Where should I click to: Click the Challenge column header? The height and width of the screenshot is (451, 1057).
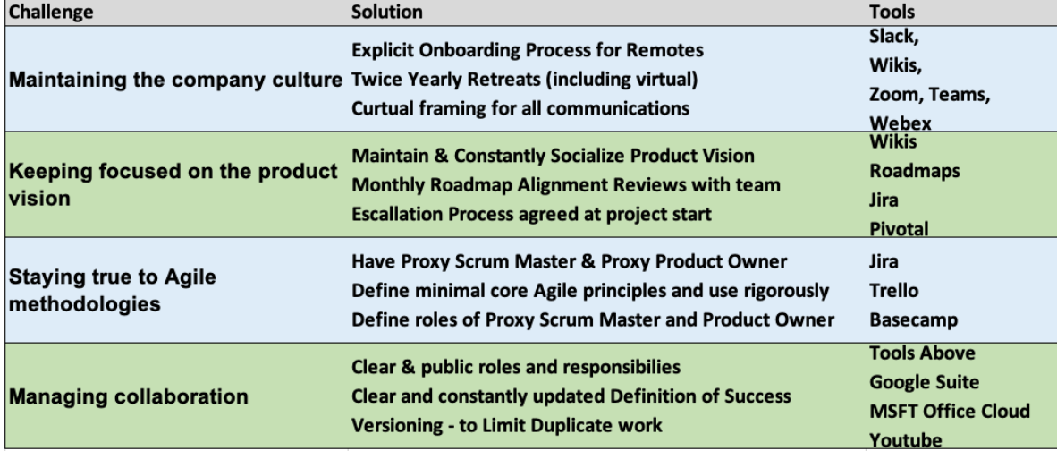[x=51, y=13]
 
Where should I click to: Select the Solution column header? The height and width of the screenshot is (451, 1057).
[x=387, y=13]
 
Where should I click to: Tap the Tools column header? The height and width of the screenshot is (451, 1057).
[x=892, y=13]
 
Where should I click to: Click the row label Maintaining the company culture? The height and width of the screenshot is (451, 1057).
[x=176, y=81]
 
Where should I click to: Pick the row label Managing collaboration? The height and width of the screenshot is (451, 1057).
[x=128, y=396]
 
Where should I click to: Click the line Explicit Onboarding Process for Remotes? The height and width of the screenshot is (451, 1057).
[x=528, y=51]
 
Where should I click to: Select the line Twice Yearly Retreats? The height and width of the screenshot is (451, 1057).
[x=445, y=80]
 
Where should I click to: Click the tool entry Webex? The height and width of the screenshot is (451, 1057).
[x=900, y=123]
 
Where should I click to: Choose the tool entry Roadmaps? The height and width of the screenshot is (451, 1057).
[x=915, y=171]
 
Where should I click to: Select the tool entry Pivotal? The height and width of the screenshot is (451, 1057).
[x=899, y=229]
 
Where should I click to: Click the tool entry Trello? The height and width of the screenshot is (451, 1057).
[x=894, y=291]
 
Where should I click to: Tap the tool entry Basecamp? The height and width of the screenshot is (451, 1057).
[x=913, y=319]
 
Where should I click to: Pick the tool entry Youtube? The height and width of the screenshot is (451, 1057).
[x=905, y=440]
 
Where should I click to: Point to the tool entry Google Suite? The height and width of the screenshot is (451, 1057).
[x=924, y=382]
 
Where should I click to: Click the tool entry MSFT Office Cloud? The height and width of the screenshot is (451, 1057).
[x=950, y=412]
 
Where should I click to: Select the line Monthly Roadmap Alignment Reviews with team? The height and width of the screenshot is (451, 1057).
[x=565, y=184]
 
